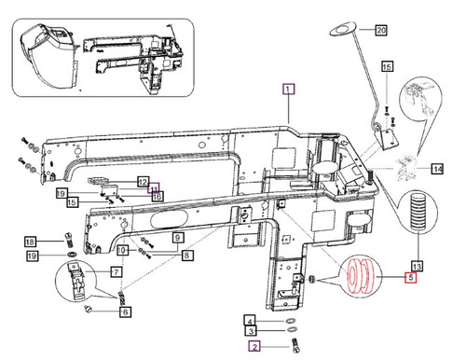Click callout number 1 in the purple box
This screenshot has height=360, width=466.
click(x=289, y=90)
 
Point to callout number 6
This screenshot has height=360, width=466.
click(x=125, y=312)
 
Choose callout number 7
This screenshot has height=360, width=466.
click(x=116, y=272)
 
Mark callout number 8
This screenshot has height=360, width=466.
click(x=187, y=255)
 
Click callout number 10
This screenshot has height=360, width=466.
click(x=157, y=196)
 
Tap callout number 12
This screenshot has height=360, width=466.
click(x=144, y=182)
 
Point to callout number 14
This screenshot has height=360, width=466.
click(x=437, y=168)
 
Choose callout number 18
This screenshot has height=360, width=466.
click(x=30, y=242)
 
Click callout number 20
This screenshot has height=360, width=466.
click(x=379, y=31)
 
